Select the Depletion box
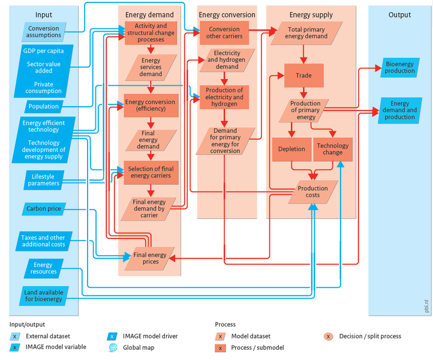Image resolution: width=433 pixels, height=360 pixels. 291,149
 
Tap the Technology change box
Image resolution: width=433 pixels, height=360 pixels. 332,149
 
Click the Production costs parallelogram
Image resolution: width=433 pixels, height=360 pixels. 312,192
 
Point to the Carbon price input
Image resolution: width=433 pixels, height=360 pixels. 43,209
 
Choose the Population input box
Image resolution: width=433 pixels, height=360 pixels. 43,106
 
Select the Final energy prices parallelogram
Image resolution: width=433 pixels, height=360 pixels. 150,259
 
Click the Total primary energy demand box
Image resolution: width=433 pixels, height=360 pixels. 308,32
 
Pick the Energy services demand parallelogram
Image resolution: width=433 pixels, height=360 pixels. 151,68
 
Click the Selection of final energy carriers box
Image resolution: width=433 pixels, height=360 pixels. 151,172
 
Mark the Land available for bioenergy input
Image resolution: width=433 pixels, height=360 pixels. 43,295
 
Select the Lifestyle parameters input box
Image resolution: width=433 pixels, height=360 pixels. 43,179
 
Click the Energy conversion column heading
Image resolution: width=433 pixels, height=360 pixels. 226,14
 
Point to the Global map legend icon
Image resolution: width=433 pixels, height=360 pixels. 112,348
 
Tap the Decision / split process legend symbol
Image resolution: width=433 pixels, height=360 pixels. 328,336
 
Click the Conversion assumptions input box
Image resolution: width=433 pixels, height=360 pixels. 43,32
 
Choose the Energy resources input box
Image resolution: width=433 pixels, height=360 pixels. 43,268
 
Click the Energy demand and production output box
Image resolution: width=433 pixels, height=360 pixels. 399,110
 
